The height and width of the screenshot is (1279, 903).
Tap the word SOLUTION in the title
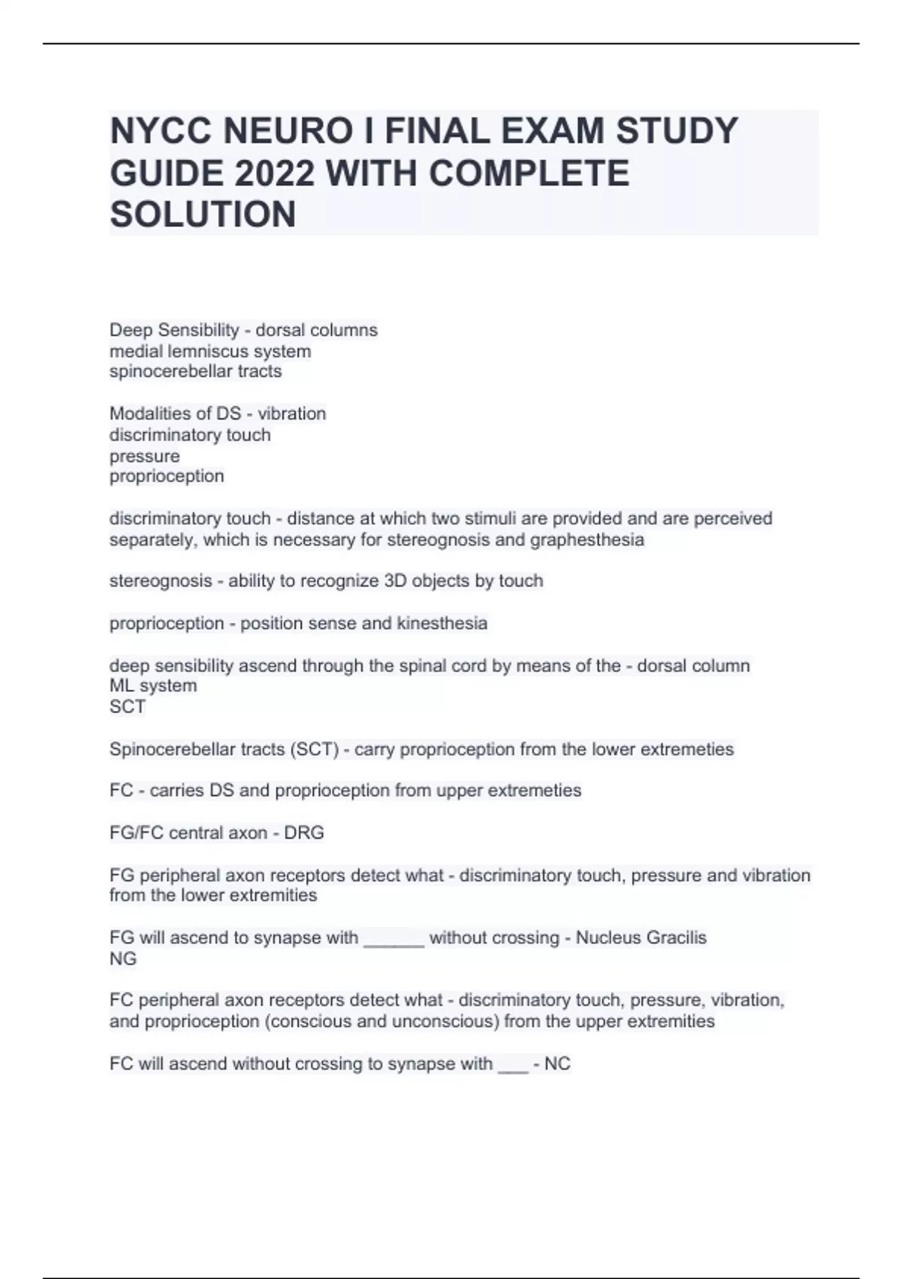coord(203,214)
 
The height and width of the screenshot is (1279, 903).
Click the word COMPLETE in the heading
coord(529,173)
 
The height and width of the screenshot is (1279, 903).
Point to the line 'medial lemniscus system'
coord(210,351)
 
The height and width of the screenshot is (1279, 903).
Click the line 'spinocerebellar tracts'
coord(196,371)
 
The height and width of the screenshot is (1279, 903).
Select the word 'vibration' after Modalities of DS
coord(291,414)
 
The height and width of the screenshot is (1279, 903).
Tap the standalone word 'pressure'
coord(144,456)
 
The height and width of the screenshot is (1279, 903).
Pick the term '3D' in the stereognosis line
coord(400,581)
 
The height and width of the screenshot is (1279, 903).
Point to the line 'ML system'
coord(153,685)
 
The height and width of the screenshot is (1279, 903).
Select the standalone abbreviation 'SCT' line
coord(127,706)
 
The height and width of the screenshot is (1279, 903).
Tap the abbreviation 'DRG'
coord(304,833)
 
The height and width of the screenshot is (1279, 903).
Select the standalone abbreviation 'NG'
coord(123,958)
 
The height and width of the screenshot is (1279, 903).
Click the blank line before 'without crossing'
coord(394,940)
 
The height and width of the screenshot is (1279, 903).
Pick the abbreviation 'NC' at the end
coord(558,1064)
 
